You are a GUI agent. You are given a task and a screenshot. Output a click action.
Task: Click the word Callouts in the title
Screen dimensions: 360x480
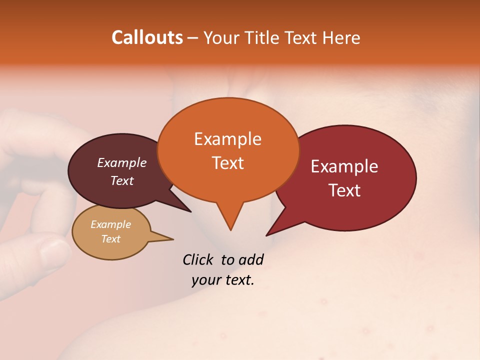tap(147, 37)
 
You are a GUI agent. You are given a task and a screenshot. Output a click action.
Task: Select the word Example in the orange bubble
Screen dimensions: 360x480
tap(227, 139)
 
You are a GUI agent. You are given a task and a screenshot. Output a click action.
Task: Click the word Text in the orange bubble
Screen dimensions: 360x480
tap(227, 163)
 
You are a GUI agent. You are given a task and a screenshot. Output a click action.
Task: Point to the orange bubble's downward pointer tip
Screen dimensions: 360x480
tap(230, 230)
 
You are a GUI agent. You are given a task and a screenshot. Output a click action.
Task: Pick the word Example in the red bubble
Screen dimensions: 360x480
tap(344, 166)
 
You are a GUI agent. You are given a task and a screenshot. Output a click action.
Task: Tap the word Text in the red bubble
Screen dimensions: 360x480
tap(344, 190)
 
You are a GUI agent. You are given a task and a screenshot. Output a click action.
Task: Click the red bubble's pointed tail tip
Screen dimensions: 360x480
tap(266, 235)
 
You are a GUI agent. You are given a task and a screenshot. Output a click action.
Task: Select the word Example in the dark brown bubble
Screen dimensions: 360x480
tap(121, 162)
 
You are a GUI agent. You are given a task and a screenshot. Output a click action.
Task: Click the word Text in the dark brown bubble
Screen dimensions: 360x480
tap(121, 180)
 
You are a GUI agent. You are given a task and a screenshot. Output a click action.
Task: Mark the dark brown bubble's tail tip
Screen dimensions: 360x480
tap(191, 211)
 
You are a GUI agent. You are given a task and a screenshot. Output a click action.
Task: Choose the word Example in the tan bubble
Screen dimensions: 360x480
tap(110, 224)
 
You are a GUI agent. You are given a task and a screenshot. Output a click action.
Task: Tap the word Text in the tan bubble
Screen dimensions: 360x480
tap(110, 239)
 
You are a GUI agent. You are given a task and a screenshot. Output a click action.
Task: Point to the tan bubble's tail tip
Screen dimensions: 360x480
tap(173, 239)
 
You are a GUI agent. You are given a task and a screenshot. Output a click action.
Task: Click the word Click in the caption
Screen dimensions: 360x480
tap(198, 259)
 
